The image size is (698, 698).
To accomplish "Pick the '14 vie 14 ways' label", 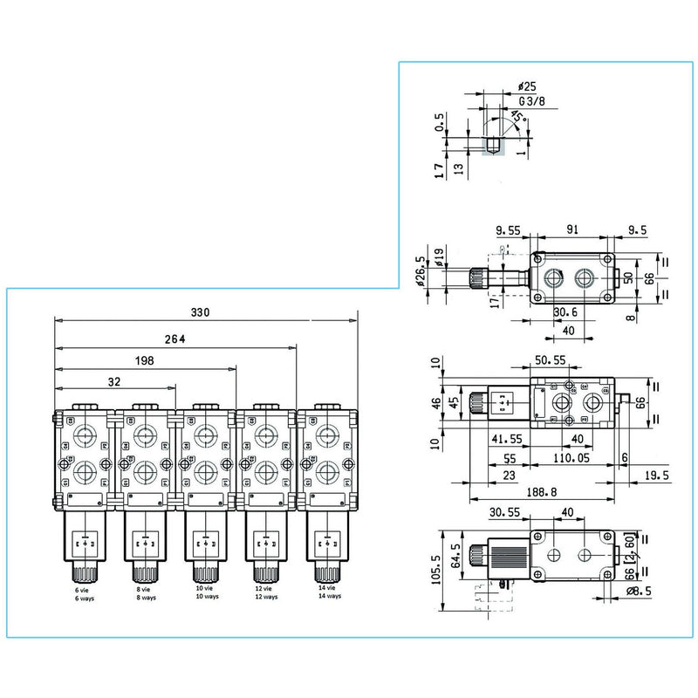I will [x=327, y=594].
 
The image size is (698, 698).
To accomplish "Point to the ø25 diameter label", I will [x=526, y=86].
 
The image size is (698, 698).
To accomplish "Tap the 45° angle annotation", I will [x=517, y=117].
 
